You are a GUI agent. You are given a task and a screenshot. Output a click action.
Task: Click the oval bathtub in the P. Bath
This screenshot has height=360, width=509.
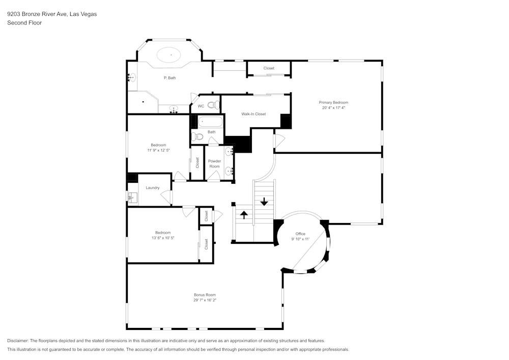(171, 54)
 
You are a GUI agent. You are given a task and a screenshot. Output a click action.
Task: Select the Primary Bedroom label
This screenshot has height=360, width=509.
(333, 102)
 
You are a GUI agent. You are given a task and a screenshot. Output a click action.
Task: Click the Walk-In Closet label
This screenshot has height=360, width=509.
(253, 114)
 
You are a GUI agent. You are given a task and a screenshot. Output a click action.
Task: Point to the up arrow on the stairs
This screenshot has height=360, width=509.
(244, 214)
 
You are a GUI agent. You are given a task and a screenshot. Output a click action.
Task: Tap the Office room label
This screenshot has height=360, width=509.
(300, 234)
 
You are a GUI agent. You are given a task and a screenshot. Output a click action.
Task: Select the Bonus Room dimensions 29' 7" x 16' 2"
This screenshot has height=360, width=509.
(205, 300)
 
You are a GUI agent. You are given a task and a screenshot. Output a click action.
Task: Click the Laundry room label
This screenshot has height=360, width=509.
(153, 188)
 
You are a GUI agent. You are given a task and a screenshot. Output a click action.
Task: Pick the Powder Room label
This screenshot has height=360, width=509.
(214, 164)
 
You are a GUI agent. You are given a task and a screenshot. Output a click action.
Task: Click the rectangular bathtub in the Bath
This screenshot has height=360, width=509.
(210, 122)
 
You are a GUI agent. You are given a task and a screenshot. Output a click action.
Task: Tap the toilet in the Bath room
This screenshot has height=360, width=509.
(199, 136)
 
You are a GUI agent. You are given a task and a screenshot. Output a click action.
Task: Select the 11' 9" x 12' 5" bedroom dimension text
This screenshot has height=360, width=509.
(158, 150)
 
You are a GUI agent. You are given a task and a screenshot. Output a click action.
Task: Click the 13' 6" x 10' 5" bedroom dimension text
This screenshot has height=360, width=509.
(163, 238)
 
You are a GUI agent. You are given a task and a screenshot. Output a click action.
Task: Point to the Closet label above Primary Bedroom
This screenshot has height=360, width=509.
(269, 68)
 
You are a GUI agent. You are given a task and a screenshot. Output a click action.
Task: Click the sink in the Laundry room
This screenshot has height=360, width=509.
(132, 197)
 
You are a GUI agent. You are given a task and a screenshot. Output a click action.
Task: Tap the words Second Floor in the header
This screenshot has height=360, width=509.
(24, 23)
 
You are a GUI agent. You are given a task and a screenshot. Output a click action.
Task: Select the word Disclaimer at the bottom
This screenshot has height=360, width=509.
(18, 341)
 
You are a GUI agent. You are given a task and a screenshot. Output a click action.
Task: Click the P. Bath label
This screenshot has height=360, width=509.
(169, 78)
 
